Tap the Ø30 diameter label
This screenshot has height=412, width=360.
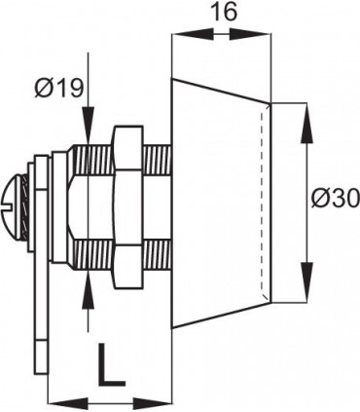[x=334, y=199]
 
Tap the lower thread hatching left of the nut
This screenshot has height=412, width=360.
[x=92, y=255]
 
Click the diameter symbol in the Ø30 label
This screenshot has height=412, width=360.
[x=321, y=199]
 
